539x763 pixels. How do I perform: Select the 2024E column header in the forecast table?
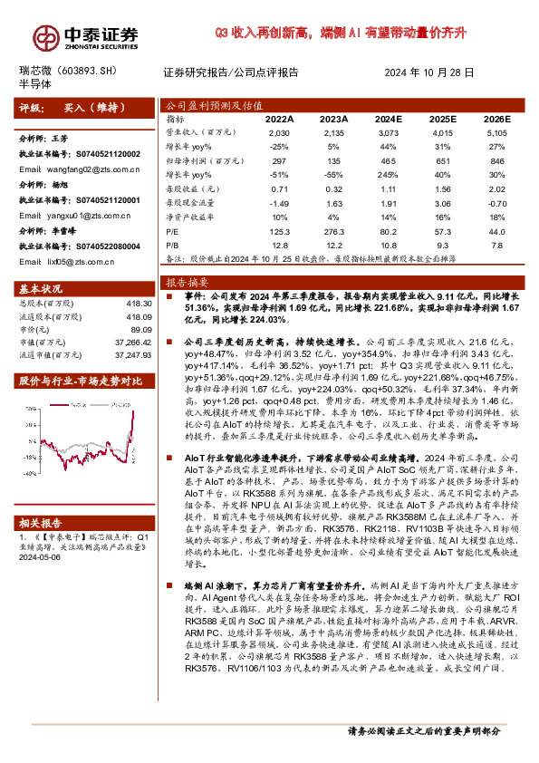click(388, 119)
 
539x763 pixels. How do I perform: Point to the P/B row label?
click(172, 246)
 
